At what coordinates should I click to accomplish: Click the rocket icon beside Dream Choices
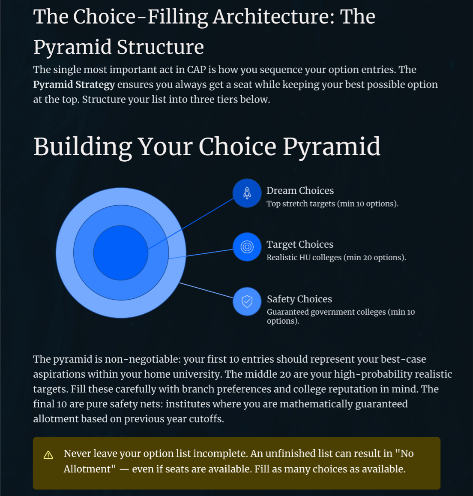(247, 193)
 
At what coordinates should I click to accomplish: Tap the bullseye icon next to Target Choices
(247, 247)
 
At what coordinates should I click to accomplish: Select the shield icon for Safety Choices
(247, 301)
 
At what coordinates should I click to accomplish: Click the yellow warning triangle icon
(48, 455)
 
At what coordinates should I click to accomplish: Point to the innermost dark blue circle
(121, 253)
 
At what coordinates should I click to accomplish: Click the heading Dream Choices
(300, 190)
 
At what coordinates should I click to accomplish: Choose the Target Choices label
(300, 244)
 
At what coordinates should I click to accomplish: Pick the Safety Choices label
(299, 299)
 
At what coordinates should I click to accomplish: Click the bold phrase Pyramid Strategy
(74, 85)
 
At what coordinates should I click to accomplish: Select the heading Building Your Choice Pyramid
(207, 147)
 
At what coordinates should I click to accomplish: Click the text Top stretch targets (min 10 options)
(332, 204)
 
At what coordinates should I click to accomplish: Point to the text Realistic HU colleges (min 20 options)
(336, 258)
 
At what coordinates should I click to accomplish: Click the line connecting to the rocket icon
(191, 224)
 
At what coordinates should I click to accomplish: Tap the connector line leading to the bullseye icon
(201, 254)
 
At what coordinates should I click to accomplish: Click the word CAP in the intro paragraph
(196, 69)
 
